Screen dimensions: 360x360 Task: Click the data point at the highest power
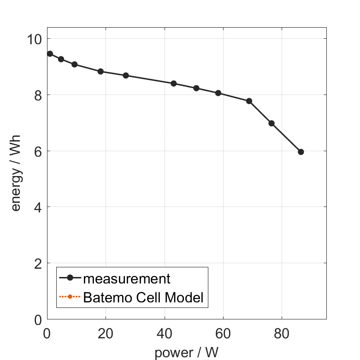(x=301, y=152)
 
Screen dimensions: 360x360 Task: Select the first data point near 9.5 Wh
(x=50, y=54)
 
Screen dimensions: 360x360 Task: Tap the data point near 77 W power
(x=271, y=123)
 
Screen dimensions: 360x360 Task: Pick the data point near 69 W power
(x=249, y=101)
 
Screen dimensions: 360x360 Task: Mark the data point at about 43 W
(x=174, y=83)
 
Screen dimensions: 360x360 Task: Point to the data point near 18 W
(x=100, y=71)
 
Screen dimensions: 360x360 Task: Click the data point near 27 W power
(x=126, y=76)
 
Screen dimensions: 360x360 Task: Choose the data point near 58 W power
(x=218, y=93)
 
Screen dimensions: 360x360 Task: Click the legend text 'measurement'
(x=127, y=278)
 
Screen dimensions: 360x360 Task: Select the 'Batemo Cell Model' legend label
(x=143, y=297)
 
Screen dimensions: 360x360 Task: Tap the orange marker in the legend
(x=70, y=296)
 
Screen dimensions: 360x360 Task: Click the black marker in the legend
(x=70, y=277)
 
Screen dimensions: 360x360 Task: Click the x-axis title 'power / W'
(x=186, y=352)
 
